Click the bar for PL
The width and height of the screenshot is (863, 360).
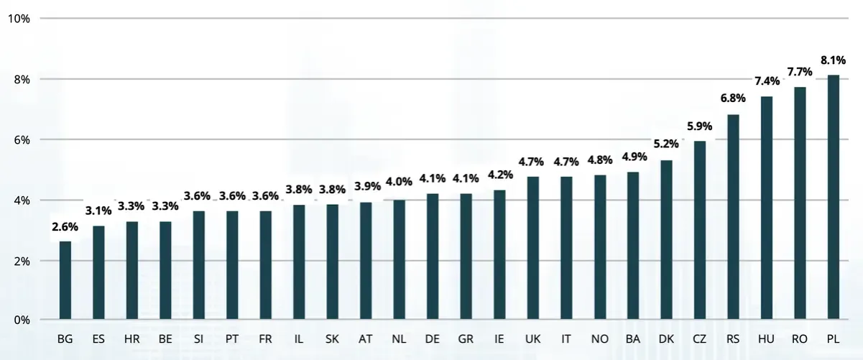(834, 197)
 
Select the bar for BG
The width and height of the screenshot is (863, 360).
(65, 280)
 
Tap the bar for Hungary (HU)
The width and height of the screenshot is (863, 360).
(767, 208)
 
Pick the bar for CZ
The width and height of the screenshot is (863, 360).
(700, 230)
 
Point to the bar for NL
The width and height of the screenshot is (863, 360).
(400, 259)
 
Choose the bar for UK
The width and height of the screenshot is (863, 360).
(533, 248)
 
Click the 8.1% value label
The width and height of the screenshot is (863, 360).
(834, 61)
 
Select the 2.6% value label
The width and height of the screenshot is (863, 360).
(65, 228)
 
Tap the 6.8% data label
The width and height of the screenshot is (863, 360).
(733, 98)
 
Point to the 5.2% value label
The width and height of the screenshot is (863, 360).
(666, 144)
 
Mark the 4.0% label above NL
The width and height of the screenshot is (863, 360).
(400, 183)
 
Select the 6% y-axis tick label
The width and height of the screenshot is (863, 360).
(20, 139)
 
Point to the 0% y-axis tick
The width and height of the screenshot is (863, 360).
(20, 320)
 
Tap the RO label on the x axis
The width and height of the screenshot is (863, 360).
(800, 338)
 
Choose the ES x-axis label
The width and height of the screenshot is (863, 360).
(98, 338)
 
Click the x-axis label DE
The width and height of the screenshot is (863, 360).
(433, 338)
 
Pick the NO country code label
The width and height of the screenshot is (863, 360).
(599, 338)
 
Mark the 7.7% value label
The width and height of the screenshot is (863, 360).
(800, 72)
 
